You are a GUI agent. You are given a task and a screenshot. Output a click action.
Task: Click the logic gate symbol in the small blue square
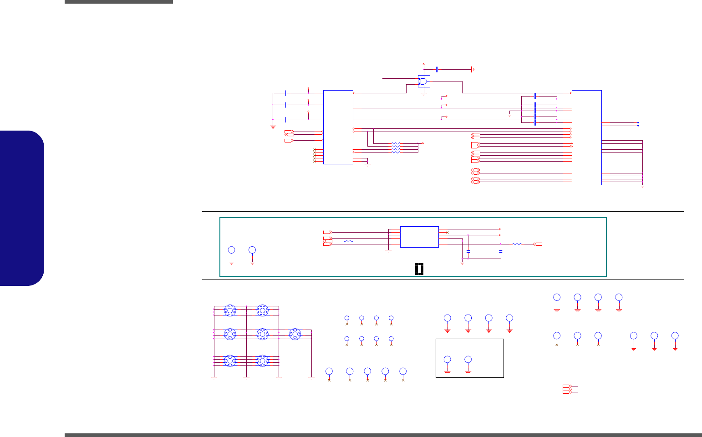coord(424,81)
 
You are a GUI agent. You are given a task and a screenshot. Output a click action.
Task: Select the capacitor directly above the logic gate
coord(437,69)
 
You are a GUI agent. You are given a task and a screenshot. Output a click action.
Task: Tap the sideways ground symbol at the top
coord(473,69)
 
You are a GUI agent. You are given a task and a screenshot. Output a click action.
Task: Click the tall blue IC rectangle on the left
coord(338,127)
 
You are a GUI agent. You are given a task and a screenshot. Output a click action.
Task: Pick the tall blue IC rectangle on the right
coord(586,137)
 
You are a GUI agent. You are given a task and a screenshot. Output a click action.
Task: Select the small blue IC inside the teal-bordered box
coord(419,237)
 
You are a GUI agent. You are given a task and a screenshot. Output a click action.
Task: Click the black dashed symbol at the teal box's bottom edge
coord(419,269)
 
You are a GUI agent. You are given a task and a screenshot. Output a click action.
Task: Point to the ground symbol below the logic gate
coord(424,94)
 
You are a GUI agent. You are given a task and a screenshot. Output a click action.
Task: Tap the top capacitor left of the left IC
coord(286,93)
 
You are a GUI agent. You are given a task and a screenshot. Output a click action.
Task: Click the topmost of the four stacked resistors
coord(396,144)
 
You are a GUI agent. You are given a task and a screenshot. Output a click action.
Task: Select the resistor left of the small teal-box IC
coord(349,241)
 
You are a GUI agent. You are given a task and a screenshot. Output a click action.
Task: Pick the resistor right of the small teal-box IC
coord(517,244)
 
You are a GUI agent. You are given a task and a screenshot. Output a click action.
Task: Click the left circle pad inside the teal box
coord(231,250)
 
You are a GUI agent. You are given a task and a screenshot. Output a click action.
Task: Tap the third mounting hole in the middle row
coord(295,335)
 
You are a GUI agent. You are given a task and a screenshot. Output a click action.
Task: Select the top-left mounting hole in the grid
coord(230,310)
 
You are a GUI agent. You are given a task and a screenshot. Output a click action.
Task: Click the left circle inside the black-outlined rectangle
coord(448,360)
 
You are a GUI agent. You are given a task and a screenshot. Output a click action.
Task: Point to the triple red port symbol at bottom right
coord(566,389)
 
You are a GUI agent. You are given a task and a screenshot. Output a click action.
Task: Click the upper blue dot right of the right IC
coord(638,122)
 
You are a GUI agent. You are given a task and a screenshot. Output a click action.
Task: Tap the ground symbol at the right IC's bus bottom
coord(642,186)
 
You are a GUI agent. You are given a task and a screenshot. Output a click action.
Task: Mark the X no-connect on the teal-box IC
coord(448,232)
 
